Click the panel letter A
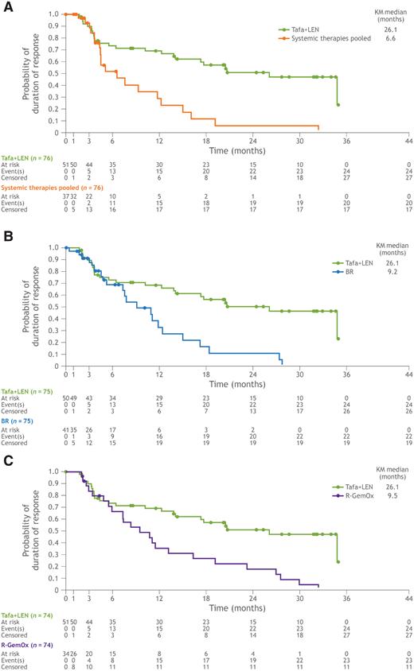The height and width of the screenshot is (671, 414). click(6, 6)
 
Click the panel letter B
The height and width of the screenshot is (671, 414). click(6, 231)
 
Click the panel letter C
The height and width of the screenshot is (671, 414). click(6, 457)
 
